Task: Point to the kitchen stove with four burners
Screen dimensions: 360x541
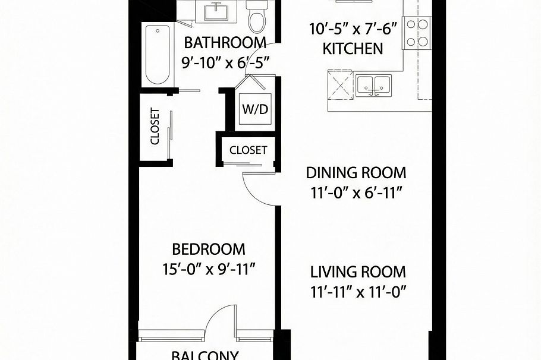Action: (417, 33)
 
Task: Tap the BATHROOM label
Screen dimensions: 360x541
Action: (224, 43)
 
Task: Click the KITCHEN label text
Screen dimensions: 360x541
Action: (353, 48)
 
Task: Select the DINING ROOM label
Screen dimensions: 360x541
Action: (356, 173)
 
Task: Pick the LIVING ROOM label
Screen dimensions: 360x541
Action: (358, 272)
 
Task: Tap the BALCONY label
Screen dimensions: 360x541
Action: (205, 355)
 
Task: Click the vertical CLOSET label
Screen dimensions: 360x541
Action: (155, 126)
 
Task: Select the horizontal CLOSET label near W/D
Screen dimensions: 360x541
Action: (248, 150)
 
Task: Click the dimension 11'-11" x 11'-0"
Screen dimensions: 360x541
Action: (358, 292)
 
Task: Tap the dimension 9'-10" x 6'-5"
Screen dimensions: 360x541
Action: (226, 61)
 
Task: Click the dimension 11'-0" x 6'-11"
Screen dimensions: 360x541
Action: (356, 193)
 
